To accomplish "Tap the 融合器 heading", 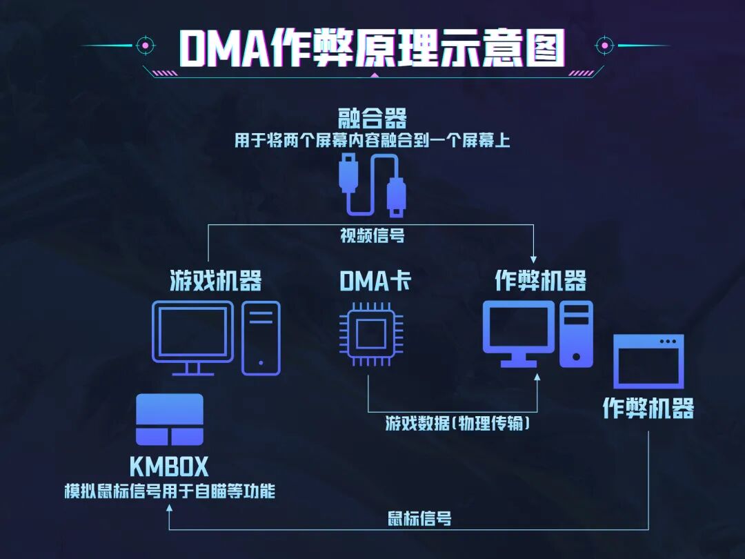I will (x=372, y=118).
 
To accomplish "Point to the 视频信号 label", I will (x=372, y=236).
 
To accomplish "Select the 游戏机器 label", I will (x=216, y=281).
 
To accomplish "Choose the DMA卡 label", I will (x=372, y=281).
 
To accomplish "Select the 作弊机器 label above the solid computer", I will (x=540, y=281).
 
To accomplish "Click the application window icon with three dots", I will (x=648, y=361).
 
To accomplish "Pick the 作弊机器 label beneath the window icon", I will (x=648, y=408).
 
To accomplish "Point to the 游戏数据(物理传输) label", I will (x=458, y=423).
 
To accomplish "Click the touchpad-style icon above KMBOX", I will (x=170, y=420).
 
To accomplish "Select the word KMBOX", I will (x=169, y=467).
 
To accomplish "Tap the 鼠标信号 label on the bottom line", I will (x=419, y=518).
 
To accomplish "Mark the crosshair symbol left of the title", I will (x=145, y=46).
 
